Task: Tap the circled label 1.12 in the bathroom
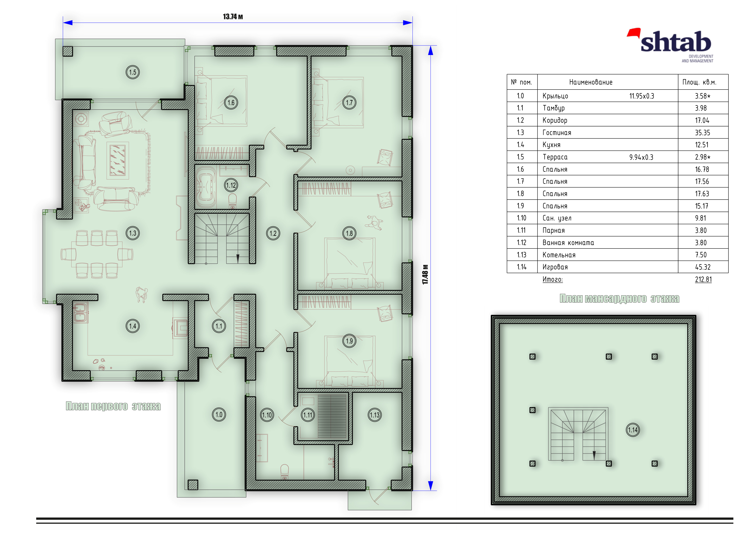pyautogui.click(x=231, y=185)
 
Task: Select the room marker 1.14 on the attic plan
pyautogui.click(x=633, y=430)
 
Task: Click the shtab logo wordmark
pyautogui.click(x=676, y=42)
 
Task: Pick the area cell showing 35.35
pyautogui.click(x=702, y=132)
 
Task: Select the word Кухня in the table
pyautogui.click(x=551, y=145)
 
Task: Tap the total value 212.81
pyautogui.click(x=703, y=280)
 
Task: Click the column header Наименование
pyautogui.click(x=591, y=82)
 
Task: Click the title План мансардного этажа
pyautogui.click(x=619, y=299)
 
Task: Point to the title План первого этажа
pyautogui.click(x=113, y=406)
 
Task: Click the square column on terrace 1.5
pyautogui.click(x=68, y=51)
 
